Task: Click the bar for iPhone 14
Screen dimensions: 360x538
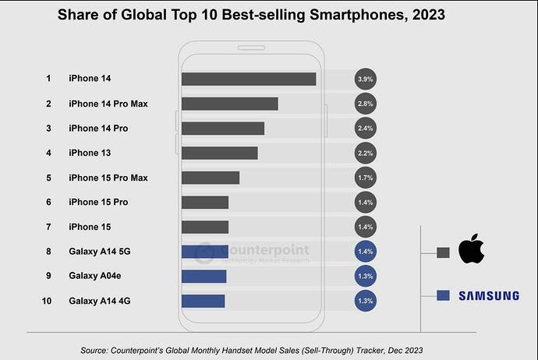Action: click(x=248, y=79)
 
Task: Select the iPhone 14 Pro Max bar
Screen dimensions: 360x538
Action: click(x=229, y=104)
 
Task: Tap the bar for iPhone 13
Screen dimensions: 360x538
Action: click(x=219, y=153)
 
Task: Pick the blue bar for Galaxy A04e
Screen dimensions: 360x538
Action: click(x=204, y=276)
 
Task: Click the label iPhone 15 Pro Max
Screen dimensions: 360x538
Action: click(x=108, y=178)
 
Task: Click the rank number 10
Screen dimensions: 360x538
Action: click(x=48, y=301)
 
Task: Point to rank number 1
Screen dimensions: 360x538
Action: click(x=48, y=79)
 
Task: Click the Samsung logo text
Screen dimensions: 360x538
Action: click(x=488, y=295)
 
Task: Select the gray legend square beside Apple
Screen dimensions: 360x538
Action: click(x=442, y=252)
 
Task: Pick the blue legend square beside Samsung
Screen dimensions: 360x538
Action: click(x=442, y=295)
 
